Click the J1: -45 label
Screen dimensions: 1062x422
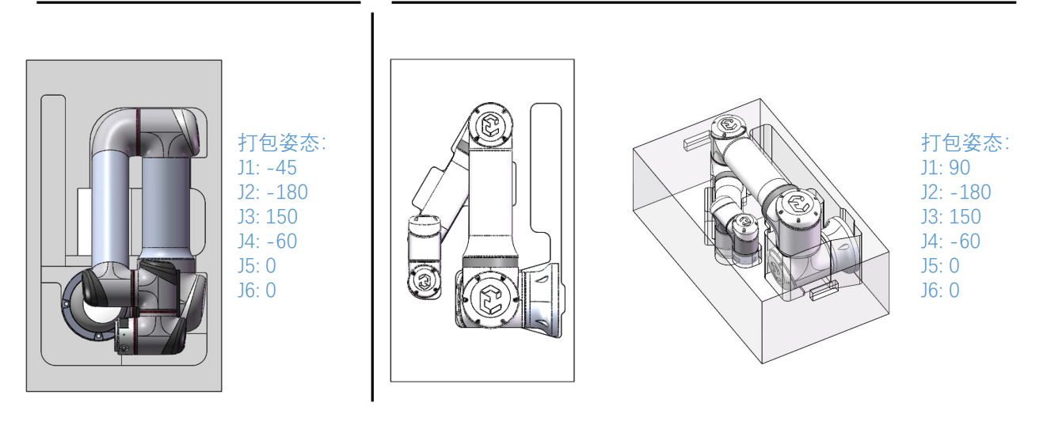click(x=268, y=168)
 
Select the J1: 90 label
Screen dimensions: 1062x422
click(x=946, y=168)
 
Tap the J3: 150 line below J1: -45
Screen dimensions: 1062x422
click(x=268, y=217)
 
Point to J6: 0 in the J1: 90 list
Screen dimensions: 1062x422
click(x=940, y=291)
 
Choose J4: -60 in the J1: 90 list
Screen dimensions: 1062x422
click(x=950, y=241)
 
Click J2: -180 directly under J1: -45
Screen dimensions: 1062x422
click(x=273, y=192)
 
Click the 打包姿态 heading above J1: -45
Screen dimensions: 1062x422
click(x=282, y=143)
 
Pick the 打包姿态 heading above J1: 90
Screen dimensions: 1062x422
click(x=965, y=143)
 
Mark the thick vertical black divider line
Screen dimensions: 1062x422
click(x=373, y=207)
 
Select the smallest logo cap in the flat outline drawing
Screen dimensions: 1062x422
click(x=424, y=282)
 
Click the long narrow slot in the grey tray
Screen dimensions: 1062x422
click(x=53, y=181)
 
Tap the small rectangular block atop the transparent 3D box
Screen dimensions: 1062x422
click(x=698, y=141)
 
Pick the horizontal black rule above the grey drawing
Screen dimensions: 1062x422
click(x=198, y=2)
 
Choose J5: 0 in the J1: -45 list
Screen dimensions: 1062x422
click(x=257, y=266)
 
